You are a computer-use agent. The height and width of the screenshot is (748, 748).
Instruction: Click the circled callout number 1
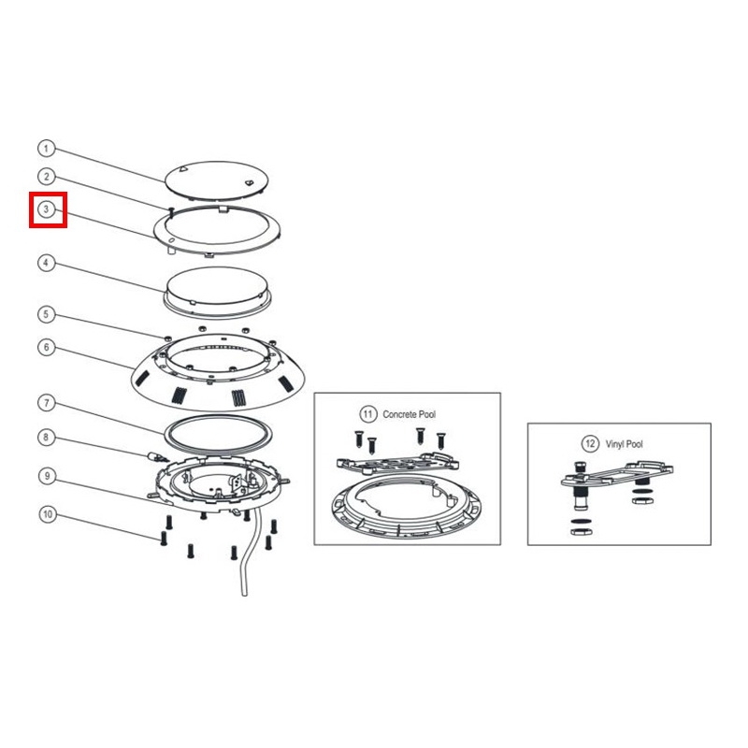[x=46, y=149]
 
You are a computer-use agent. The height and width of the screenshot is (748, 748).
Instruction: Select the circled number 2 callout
[x=46, y=177]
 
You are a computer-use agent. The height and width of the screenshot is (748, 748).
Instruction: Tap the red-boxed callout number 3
[x=46, y=209]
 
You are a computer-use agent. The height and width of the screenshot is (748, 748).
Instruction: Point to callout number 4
[x=46, y=263]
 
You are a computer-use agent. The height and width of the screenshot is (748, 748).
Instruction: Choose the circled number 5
[x=46, y=314]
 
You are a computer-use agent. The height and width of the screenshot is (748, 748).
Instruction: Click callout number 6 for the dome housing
[x=46, y=347]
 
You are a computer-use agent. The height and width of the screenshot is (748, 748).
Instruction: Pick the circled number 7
[x=46, y=403]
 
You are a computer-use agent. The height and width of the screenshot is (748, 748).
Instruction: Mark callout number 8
[x=46, y=437]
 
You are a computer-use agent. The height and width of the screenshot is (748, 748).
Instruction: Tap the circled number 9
[x=47, y=476]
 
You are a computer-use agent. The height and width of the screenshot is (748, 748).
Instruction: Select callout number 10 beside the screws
[x=48, y=514]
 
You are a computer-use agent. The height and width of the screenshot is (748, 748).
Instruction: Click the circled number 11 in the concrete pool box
[x=367, y=413]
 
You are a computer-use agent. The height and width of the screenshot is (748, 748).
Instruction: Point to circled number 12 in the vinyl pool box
[x=590, y=443]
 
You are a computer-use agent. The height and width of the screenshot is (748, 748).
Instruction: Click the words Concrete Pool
[x=409, y=414]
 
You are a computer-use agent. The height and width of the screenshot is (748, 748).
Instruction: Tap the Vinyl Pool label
[x=624, y=444]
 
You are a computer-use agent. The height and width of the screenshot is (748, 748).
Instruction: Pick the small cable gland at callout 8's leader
[x=158, y=457]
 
